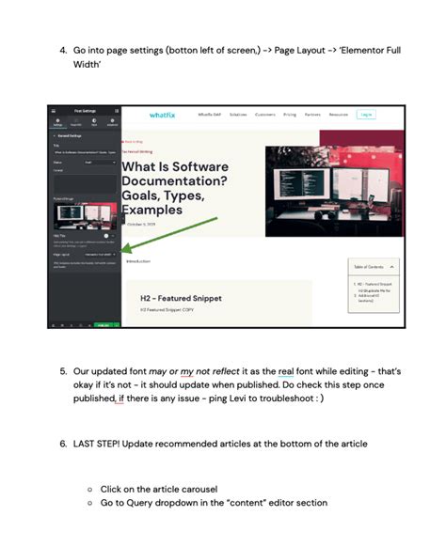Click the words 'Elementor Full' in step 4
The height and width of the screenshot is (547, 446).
click(x=368, y=49)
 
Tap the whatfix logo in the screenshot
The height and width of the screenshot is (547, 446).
click(x=163, y=115)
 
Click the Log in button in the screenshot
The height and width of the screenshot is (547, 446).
click(x=366, y=115)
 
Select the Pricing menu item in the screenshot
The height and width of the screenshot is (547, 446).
click(x=290, y=115)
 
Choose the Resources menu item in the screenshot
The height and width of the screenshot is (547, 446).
click(x=340, y=115)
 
